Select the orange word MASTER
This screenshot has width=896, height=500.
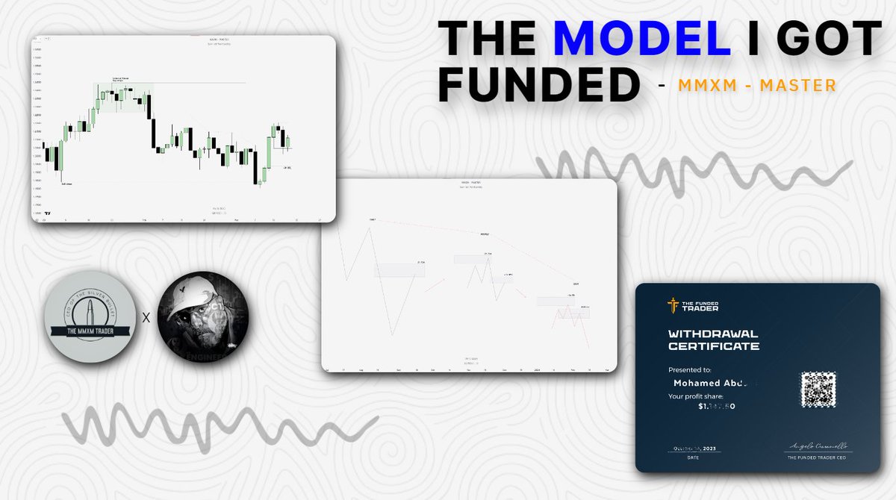pyautogui.click(x=797, y=87)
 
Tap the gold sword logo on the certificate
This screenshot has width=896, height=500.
pyautogui.click(x=673, y=305)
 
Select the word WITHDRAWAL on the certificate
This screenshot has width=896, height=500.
pyautogui.click(x=713, y=334)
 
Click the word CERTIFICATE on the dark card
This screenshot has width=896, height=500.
pyautogui.click(x=713, y=346)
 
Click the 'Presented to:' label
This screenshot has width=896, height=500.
pyautogui.click(x=690, y=369)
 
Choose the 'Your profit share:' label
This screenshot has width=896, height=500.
pyautogui.click(x=700, y=396)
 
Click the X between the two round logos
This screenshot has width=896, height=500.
pyautogui.click(x=146, y=317)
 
